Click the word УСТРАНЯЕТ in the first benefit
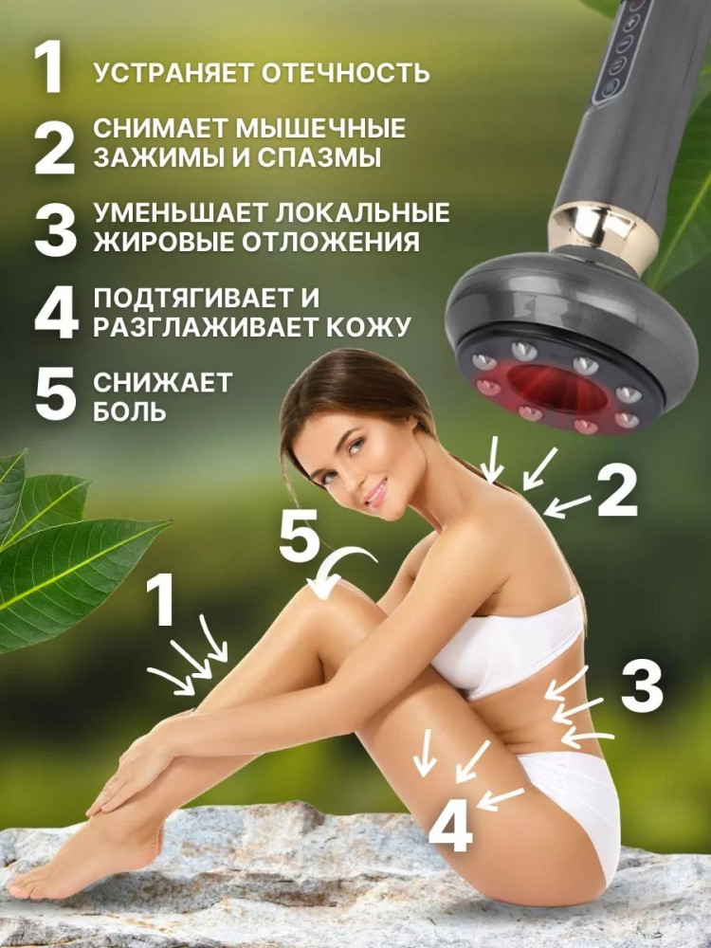(x=173, y=73)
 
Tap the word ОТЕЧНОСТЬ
(x=345, y=73)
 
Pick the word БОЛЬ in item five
(x=129, y=411)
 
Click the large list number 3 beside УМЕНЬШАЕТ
(x=56, y=229)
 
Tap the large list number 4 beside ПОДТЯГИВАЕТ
(x=56, y=313)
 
